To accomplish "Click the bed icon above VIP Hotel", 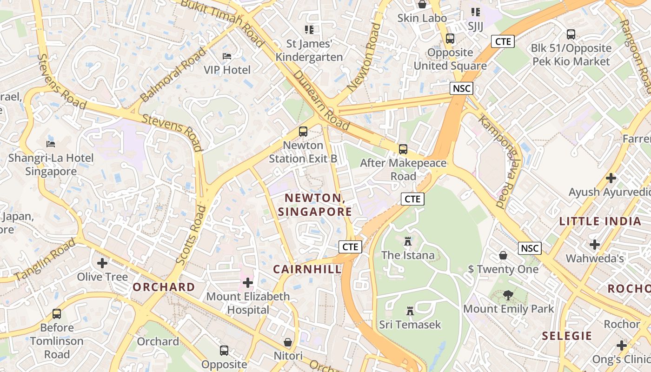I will pyautogui.click(x=227, y=56).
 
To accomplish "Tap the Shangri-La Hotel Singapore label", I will pyautogui.click(x=51, y=165).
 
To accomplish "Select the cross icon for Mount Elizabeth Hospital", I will pyautogui.click(x=248, y=282).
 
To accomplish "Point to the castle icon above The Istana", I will pyautogui.click(x=408, y=241).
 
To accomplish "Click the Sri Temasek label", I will pyautogui.click(x=410, y=325).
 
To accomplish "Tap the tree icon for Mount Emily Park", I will pyautogui.click(x=508, y=295).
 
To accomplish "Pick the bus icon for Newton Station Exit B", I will pyautogui.click(x=303, y=132).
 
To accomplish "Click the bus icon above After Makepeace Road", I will pyautogui.click(x=403, y=149).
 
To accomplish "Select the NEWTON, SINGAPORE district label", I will pyautogui.click(x=315, y=205).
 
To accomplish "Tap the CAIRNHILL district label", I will pyautogui.click(x=307, y=269).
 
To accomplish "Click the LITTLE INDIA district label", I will pyautogui.click(x=600, y=221).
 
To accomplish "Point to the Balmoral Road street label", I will pyautogui.click(x=173, y=74).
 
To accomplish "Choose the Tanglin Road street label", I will pyautogui.click(x=45, y=259).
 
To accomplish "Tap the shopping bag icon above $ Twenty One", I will pyautogui.click(x=503, y=255).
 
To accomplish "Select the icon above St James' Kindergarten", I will pyautogui.click(x=309, y=30).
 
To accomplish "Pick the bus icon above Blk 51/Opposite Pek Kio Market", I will pyautogui.click(x=571, y=34).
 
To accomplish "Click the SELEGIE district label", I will pyautogui.click(x=567, y=336).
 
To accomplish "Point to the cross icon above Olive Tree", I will pyautogui.click(x=102, y=263).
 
